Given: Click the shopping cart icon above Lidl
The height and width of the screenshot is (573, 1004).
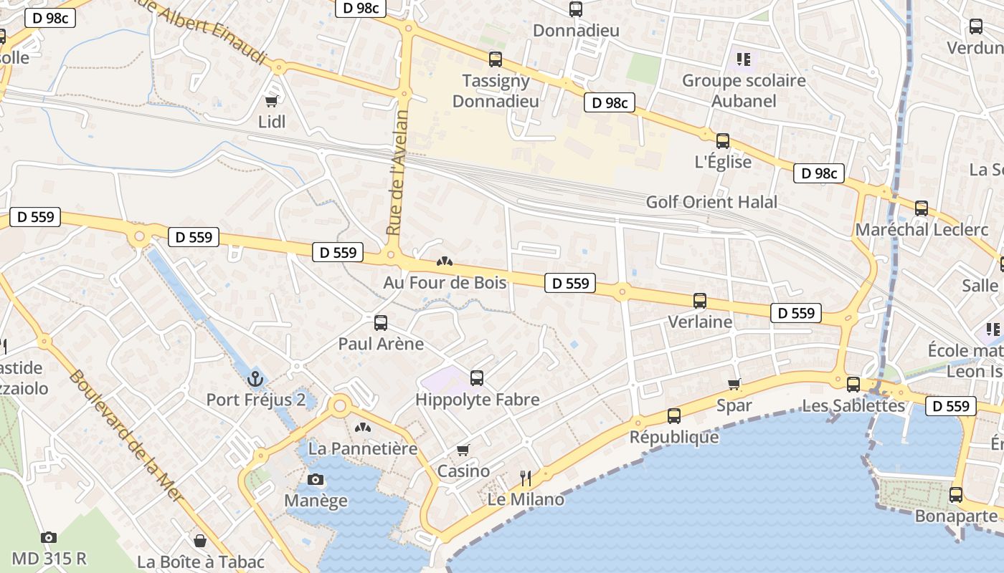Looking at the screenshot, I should click(271, 101).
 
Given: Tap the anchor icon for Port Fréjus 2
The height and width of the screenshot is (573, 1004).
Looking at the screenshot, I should click(255, 379).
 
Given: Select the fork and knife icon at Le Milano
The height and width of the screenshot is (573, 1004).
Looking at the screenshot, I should click(526, 478).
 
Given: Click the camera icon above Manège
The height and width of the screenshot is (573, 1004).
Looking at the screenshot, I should click(315, 480).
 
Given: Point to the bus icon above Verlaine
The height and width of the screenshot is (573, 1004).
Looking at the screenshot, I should click(700, 301).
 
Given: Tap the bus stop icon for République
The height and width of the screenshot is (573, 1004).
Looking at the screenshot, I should click(674, 416).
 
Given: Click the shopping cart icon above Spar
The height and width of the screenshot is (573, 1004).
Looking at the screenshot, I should click(734, 385).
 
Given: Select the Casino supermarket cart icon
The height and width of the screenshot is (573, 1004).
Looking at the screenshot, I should click(463, 451).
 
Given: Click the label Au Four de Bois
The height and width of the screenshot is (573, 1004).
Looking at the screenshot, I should click(445, 282).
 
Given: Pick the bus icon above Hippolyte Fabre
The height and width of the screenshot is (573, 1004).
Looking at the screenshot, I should click(477, 378).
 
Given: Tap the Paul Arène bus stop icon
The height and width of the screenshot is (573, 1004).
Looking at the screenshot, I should click(381, 323).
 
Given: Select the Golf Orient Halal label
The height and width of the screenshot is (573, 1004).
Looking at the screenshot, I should click(711, 202).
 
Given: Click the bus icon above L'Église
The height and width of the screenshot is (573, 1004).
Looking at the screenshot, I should click(723, 141).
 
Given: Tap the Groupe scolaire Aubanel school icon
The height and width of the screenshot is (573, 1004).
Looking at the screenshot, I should click(743, 59).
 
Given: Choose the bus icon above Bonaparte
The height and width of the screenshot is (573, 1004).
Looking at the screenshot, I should click(956, 495).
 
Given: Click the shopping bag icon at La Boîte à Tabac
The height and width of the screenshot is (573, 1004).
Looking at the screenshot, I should click(200, 541).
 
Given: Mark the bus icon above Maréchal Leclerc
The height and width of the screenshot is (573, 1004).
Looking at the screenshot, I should click(922, 208).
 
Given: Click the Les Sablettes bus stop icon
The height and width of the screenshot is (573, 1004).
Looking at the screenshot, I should click(853, 385).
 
